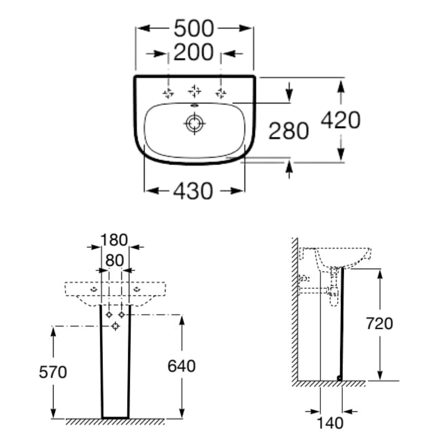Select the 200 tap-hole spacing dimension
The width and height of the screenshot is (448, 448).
(194, 53)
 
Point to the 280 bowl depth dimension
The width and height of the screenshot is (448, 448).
(289, 132)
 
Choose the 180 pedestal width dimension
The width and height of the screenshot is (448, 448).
(114, 240)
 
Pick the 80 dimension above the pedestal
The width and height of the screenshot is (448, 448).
(114, 260)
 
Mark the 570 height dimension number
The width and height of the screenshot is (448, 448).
(53, 372)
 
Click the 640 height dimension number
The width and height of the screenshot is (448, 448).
(181, 366)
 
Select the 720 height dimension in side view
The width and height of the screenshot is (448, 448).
(379, 324)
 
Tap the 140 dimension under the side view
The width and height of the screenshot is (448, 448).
(331, 422)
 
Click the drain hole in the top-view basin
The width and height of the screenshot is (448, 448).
(194, 123)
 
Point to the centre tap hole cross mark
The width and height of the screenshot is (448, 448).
(194, 91)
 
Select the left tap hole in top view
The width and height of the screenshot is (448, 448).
(168, 93)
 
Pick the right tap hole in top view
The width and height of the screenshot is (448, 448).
(220, 93)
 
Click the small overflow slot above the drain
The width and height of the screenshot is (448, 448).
(194, 106)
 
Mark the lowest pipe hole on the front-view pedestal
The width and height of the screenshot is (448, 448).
(115, 326)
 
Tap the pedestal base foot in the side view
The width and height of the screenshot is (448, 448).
(340, 378)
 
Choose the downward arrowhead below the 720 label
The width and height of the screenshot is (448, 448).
(379, 375)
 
